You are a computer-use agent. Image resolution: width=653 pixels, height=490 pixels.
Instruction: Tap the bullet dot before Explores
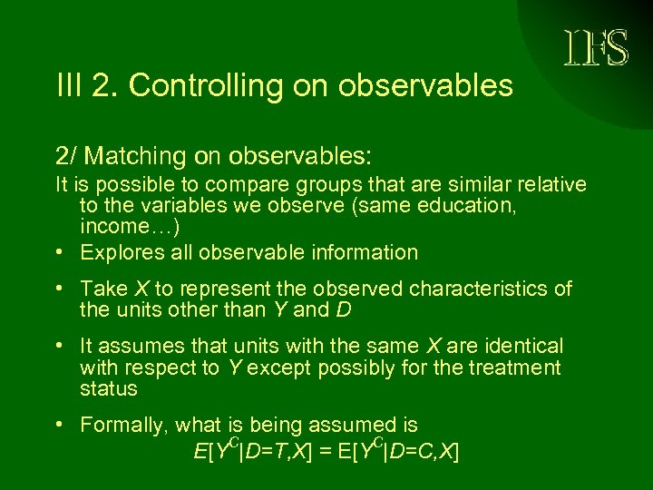tap(59, 253)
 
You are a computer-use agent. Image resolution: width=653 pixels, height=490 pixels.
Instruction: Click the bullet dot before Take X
tap(59, 289)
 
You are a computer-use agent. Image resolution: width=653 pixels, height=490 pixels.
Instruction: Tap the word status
tap(108, 389)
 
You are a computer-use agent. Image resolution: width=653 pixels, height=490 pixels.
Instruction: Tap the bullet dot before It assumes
tap(59, 347)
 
